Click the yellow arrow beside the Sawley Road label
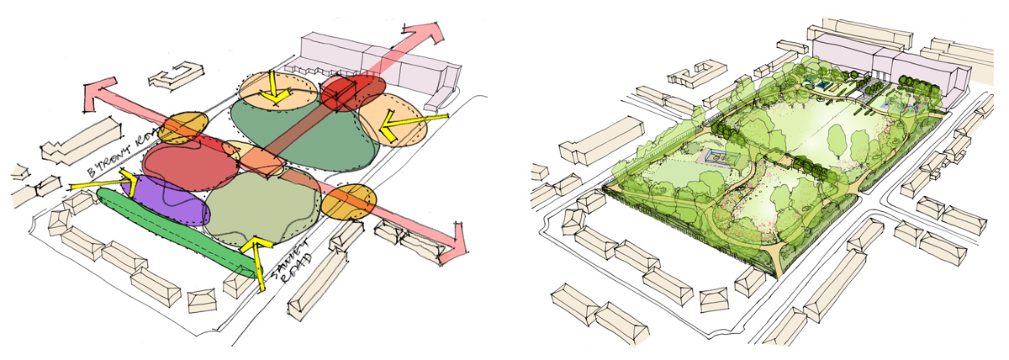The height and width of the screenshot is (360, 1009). tap(255, 257)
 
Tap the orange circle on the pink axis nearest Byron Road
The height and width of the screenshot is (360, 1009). tap(184, 127)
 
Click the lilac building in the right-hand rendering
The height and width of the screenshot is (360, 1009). tap(908, 76)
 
